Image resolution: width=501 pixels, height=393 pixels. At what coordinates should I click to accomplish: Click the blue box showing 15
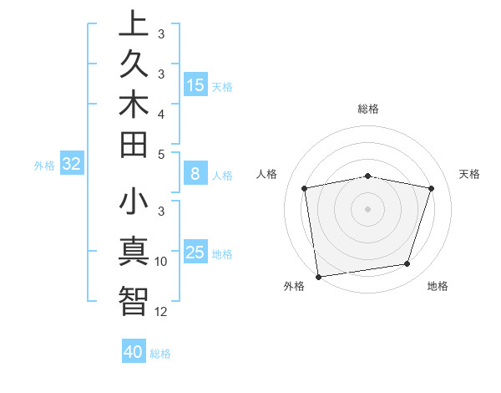coord(195,84)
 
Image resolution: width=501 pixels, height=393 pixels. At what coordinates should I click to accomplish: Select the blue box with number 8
coord(195,175)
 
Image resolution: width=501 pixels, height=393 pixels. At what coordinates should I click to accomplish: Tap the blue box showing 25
coord(195,253)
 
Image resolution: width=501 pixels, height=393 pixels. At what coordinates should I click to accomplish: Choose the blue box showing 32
coord(72,165)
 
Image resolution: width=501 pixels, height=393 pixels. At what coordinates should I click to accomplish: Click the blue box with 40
coord(134,352)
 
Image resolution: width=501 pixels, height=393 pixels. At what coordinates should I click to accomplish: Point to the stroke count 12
coord(161,312)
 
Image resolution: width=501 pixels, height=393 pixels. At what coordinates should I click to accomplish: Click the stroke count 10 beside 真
coord(161,262)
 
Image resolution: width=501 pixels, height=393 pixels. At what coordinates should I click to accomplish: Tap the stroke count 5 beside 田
coord(161,154)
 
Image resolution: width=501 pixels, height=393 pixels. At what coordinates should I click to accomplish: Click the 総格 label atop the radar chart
coord(368,109)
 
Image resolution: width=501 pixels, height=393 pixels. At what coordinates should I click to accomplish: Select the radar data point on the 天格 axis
coord(431,188)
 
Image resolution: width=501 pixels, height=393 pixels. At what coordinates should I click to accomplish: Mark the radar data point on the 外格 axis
coord(318,276)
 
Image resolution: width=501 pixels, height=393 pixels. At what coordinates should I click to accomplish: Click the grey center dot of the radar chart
coord(368,208)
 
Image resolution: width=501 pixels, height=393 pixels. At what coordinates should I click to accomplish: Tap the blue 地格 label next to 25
coord(222,254)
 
